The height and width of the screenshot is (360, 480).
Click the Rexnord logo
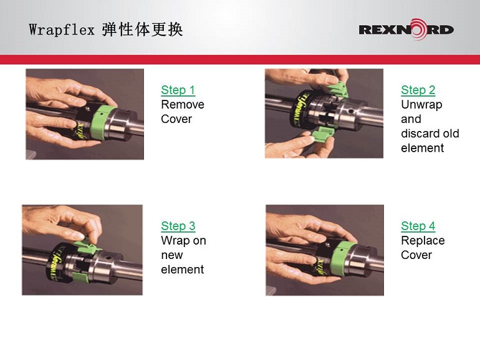(406, 29)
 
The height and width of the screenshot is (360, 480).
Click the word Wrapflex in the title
(62, 30)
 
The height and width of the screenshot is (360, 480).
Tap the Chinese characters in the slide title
(142, 30)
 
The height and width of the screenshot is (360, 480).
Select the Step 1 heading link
(178, 90)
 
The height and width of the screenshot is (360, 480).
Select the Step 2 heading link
(418, 90)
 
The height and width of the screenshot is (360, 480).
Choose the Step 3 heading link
(178, 226)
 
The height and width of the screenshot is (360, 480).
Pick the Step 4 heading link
(418, 226)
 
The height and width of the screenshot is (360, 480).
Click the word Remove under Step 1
(183, 104)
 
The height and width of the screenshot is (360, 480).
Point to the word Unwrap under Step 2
(421, 105)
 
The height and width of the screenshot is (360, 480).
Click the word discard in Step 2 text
(420, 134)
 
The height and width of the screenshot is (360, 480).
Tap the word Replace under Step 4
(423, 241)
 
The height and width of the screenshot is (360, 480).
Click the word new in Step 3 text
(171, 255)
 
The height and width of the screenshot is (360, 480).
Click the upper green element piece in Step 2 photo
(337, 89)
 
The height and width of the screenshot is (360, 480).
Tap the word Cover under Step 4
(416, 255)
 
